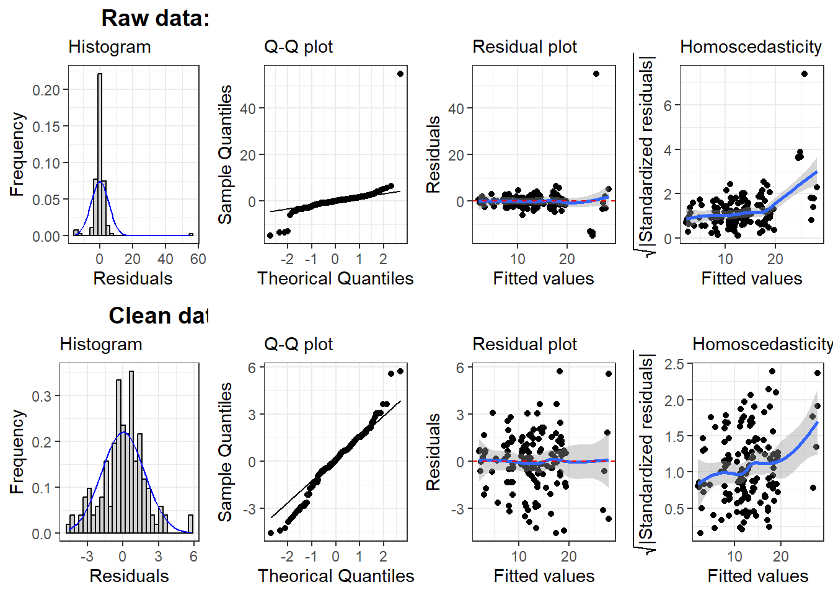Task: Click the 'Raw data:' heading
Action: click(x=155, y=19)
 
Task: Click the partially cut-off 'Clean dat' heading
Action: click(x=159, y=316)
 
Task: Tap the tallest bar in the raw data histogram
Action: click(x=100, y=155)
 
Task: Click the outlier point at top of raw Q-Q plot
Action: click(x=400, y=74)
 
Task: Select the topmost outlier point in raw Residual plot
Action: click(x=596, y=74)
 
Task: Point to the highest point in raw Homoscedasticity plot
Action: click(x=804, y=74)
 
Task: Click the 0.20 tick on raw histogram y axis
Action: click(x=46, y=90)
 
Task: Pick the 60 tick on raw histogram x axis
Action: click(x=198, y=259)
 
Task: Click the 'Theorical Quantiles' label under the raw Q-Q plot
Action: click(x=335, y=279)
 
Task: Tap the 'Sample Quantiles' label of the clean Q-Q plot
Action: click(x=226, y=452)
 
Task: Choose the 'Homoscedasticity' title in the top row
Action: click(x=751, y=47)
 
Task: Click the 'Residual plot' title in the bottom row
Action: click(x=524, y=345)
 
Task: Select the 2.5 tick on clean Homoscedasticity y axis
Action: click(x=674, y=364)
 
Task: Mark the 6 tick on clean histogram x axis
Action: click(x=193, y=557)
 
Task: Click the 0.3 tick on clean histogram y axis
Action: click(x=41, y=396)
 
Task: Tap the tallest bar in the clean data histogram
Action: click(x=131, y=452)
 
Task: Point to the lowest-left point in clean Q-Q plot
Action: click(x=271, y=533)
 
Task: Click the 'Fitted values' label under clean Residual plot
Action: click(x=544, y=576)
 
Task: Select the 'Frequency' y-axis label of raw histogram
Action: click(x=17, y=154)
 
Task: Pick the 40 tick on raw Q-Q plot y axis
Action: click(x=248, y=109)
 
